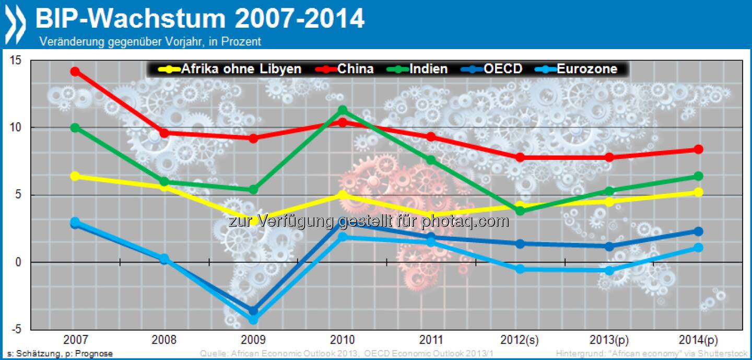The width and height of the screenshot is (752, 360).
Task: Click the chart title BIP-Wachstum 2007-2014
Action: pyautogui.click(x=199, y=19)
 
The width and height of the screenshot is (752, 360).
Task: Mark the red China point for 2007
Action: pyautogui.click(x=75, y=72)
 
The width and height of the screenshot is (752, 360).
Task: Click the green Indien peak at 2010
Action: pyautogui.click(x=343, y=110)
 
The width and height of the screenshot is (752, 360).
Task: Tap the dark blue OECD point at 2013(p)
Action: pyautogui.click(x=609, y=246)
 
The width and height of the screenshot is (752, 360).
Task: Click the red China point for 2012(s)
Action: pyautogui.click(x=520, y=157)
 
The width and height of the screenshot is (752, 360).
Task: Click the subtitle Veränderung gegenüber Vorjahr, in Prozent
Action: pyautogui.click(x=150, y=41)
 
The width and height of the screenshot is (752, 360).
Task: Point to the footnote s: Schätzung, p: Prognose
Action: pyautogui.click(x=57, y=354)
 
